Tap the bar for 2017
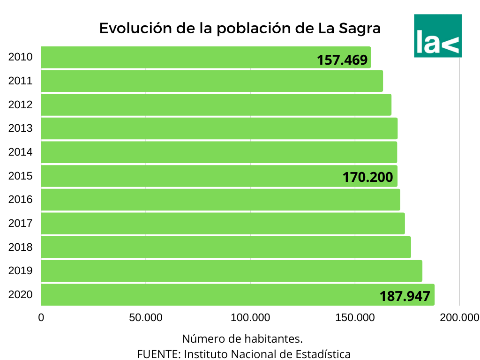223,223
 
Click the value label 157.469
342,60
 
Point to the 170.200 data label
367,178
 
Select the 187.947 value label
405,296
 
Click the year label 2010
20,57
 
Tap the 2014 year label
20,152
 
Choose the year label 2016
20,200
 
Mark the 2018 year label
20,247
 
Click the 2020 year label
20,295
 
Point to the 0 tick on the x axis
41,318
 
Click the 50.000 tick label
145,318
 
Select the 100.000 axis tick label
250,318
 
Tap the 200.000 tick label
459,318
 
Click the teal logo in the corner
438,36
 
